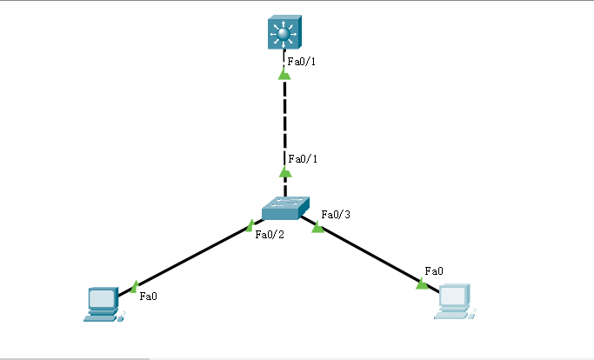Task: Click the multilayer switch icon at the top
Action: click(284, 35)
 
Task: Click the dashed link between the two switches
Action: click(284, 122)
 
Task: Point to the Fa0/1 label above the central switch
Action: click(304, 159)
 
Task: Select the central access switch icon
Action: click(284, 207)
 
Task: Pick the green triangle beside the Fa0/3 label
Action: click(317, 228)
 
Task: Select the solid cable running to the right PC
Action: click(370, 255)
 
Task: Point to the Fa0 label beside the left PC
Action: click(148, 296)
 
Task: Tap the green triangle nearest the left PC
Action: click(134, 285)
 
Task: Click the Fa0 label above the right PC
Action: click(433, 271)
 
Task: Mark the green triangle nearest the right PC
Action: click(422, 283)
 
